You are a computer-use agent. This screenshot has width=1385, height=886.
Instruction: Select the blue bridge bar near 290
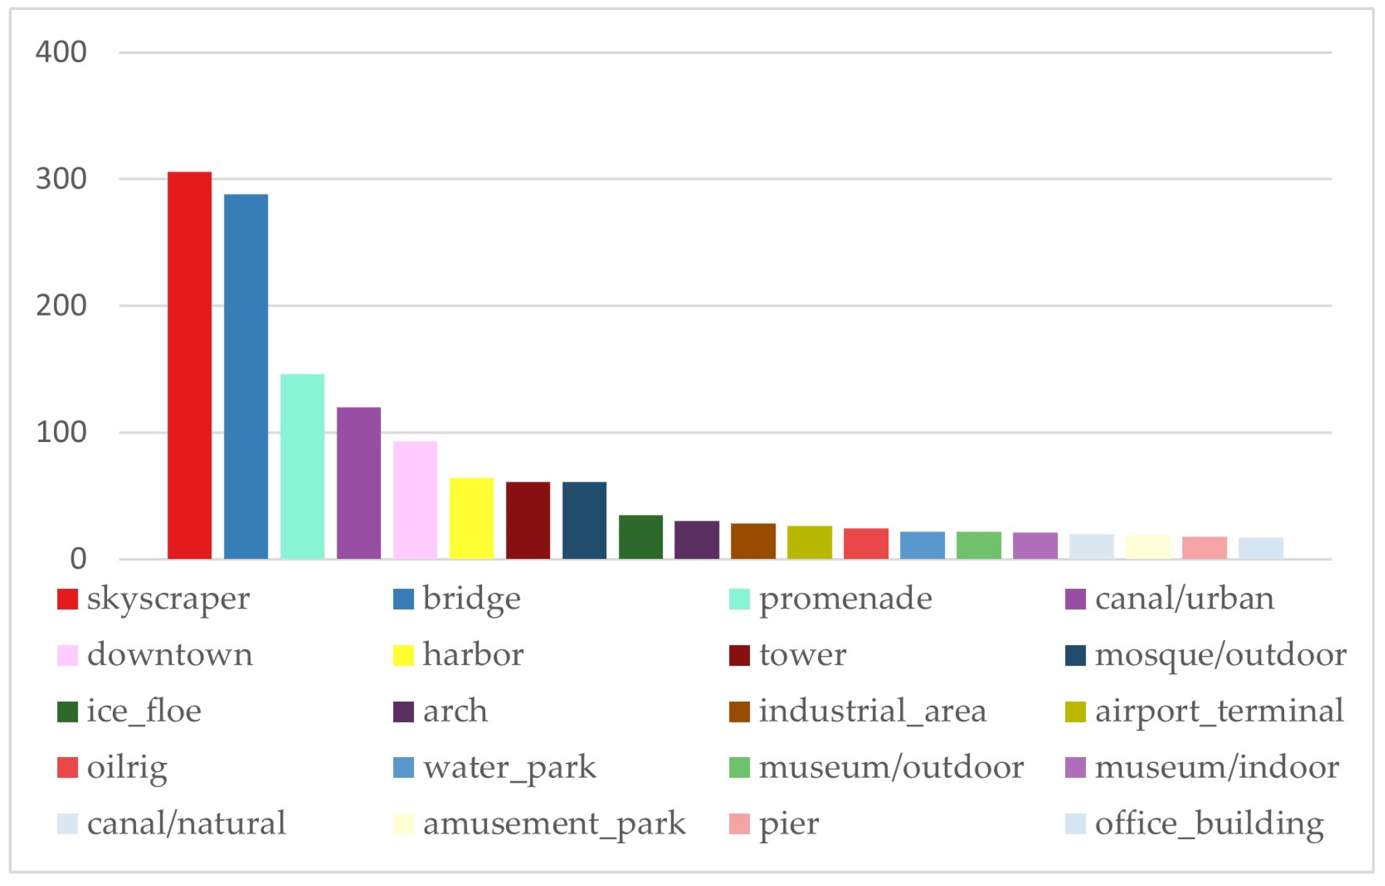pyautogui.click(x=246, y=377)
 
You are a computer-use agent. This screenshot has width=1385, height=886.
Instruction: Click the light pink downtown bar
pyautogui.click(x=415, y=501)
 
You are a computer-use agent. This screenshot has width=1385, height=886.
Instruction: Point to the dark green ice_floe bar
pyautogui.click(x=641, y=538)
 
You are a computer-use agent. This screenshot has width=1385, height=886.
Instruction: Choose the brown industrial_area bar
pyautogui.click(x=753, y=541)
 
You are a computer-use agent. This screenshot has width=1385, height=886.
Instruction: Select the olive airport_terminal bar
pyautogui.click(x=809, y=543)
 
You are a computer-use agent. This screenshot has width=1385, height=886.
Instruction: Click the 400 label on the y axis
pyautogui.click(x=61, y=52)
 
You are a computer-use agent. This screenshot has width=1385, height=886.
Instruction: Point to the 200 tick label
pyautogui.click(x=61, y=305)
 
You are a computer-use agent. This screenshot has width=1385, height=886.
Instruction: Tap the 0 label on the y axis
pyautogui.click(x=78, y=559)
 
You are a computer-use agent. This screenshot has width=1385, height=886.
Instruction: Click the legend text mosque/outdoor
pyautogui.click(x=1220, y=655)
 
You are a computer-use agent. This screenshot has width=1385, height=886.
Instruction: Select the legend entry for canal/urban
pyautogui.click(x=1184, y=599)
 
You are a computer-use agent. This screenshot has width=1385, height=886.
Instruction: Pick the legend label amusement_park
pyautogui.click(x=554, y=824)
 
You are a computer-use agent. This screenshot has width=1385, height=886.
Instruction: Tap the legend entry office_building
pyautogui.click(x=1209, y=824)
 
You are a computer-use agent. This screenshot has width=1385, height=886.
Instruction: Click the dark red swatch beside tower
pyautogui.click(x=739, y=655)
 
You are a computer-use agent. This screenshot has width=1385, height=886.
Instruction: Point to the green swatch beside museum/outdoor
pyautogui.click(x=739, y=768)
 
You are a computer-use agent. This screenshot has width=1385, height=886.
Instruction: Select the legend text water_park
pyautogui.click(x=509, y=768)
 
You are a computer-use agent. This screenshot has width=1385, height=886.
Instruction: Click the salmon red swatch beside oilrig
pyautogui.click(x=68, y=768)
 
